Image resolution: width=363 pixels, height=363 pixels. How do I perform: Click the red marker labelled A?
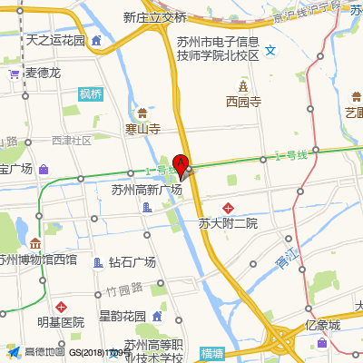click(181, 166)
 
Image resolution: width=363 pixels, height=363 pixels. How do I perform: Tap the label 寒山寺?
click(142, 129)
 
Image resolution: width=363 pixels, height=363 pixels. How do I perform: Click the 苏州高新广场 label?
click(147, 191)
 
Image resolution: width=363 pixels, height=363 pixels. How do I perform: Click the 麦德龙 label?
click(43, 73)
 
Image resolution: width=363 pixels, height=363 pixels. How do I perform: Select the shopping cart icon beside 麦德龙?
click(14, 73)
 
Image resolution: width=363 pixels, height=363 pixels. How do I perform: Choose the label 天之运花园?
click(55, 41)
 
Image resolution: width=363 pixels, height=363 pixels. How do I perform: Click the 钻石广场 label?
click(132, 262)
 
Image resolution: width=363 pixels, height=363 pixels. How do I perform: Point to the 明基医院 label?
click(61, 322)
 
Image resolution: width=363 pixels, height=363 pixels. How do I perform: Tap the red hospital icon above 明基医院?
click(61, 307)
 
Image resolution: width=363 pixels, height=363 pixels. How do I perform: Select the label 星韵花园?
click(123, 316)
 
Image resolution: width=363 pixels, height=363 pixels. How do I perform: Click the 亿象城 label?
click(322, 325)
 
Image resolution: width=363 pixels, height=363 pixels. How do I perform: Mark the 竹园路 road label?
click(124, 289)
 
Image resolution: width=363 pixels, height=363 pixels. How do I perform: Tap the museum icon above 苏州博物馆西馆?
click(35, 244)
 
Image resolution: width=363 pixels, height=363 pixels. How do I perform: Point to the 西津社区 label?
click(73, 141)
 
